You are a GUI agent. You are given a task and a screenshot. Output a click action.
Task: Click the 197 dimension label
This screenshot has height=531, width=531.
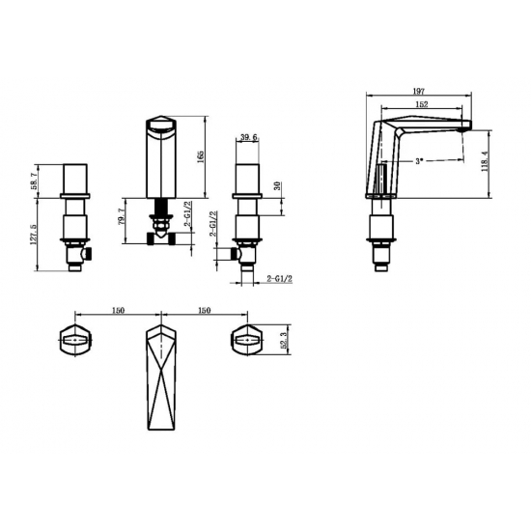419,91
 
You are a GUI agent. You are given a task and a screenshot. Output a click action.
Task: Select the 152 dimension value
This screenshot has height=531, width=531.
421,104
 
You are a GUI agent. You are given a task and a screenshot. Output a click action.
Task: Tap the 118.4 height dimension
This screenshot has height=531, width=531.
485,161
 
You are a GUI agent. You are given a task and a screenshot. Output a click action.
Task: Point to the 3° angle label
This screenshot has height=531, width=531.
420,161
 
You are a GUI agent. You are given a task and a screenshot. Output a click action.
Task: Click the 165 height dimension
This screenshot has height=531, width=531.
200,156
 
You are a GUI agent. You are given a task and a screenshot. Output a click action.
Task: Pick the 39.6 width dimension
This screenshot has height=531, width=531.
249,137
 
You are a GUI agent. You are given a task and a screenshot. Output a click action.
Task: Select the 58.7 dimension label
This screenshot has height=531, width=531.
34,181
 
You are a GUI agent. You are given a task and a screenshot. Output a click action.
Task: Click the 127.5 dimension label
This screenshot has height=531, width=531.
34,234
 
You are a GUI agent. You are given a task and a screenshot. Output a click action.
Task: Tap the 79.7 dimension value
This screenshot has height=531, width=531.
123,216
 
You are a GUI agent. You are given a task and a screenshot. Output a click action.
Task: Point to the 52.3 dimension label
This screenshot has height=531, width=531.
284,340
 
